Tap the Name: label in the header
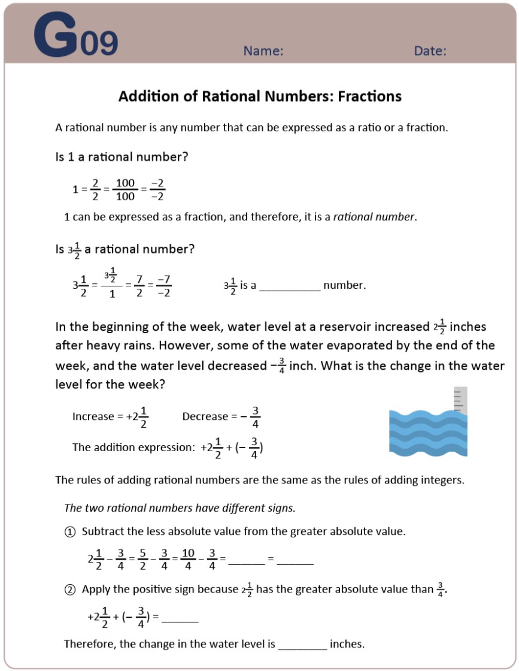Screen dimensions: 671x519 pyautogui.click(x=263, y=51)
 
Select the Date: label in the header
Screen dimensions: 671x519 pyautogui.click(x=430, y=51)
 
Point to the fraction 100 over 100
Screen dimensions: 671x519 pyautogui.click(x=125, y=189)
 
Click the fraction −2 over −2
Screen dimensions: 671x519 pyautogui.click(x=157, y=189)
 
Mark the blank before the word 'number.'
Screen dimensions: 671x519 pyautogui.click(x=290, y=286)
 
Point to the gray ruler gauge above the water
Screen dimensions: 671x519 pyautogui.click(x=460, y=400)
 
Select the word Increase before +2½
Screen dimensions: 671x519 pyautogui.click(x=93, y=416)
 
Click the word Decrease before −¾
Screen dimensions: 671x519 pyautogui.click(x=205, y=416)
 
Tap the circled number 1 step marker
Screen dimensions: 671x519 pyautogui.click(x=70, y=531)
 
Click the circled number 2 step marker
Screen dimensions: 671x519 pyautogui.click(x=70, y=590)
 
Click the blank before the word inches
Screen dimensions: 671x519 pyautogui.click(x=303, y=645)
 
